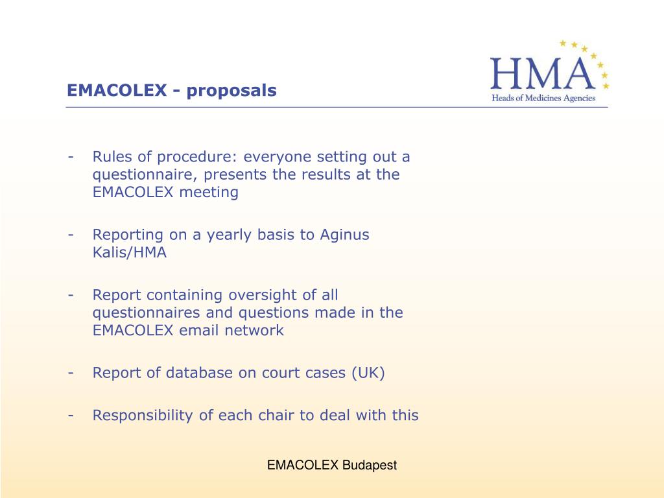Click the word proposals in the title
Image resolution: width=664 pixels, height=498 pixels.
pos(231,91)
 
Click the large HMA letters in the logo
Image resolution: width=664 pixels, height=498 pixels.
pos(543,73)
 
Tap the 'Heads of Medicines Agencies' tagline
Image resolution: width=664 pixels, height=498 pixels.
pos(543,99)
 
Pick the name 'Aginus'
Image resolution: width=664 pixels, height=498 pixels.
pos(344,235)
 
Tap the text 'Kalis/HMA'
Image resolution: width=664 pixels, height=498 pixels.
pos(129,252)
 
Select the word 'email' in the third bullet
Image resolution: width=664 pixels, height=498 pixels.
pos(198,330)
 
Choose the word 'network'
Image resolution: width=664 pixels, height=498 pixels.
pos(254,330)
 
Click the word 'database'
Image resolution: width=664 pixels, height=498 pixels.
pos(198,373)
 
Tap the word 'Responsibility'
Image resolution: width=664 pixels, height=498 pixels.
pos(143,416)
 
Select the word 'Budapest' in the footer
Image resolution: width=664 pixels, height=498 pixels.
pos(369,466)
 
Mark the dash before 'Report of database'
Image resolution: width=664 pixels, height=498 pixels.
pos(71,373)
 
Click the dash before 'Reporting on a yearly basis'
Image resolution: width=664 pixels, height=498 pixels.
pos(71,235)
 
